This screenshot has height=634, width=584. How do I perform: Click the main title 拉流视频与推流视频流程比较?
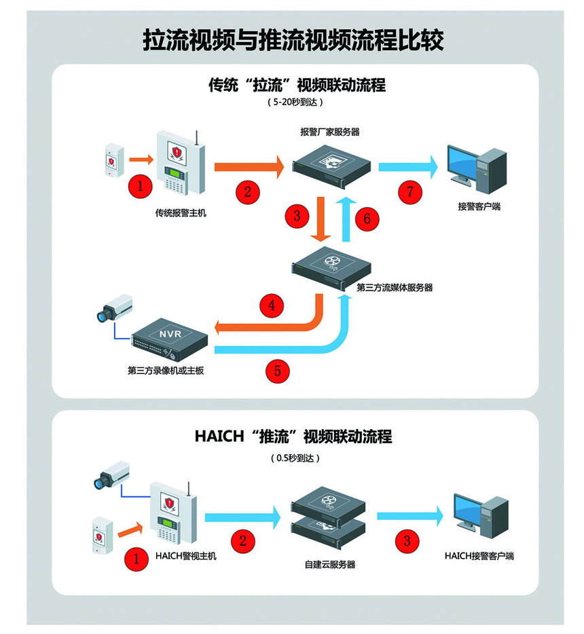[x=293, y=40]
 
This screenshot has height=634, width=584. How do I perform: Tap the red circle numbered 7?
[x=410, y=191]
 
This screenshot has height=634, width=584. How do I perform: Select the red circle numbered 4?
[x=272, y=305]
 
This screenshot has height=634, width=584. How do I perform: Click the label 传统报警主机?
[x=181, y=213]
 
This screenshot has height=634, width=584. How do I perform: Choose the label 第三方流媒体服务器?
[x=394, y=287]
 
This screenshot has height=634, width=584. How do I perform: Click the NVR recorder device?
[x=169, y=341]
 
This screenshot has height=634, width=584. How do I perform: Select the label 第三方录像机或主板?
[x=166, y=371]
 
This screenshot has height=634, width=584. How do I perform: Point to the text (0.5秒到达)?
[x=294, y=458]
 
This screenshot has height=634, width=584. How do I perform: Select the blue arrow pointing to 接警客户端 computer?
[x=407, y=165]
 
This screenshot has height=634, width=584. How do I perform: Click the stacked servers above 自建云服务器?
[x=330, y=518]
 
